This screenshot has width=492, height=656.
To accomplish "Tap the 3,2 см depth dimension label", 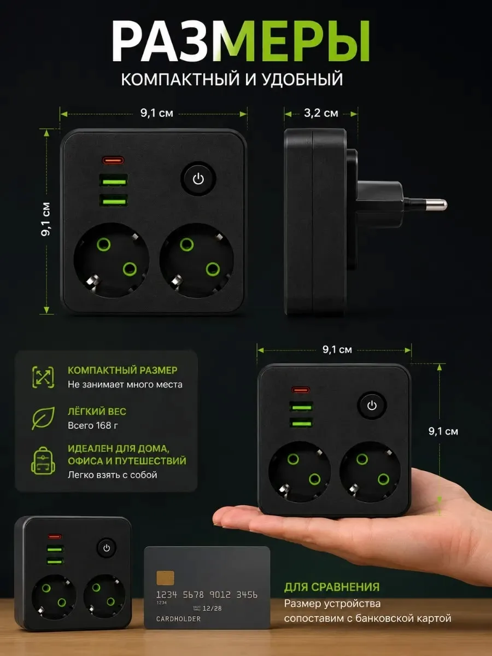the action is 321,113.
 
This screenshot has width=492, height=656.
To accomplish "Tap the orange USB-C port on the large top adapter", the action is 113,160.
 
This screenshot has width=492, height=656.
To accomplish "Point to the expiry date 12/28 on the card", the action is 212,608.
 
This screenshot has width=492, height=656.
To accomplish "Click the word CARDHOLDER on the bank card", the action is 178,619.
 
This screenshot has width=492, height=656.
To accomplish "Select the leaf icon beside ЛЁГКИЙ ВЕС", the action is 43,418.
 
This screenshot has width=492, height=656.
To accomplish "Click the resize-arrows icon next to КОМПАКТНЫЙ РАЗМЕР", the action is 43,377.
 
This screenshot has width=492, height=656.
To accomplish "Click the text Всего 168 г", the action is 93,425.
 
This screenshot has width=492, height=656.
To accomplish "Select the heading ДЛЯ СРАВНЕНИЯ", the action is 332,587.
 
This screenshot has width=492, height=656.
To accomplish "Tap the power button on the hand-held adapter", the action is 372,405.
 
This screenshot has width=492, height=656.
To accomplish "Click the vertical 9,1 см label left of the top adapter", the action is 46,219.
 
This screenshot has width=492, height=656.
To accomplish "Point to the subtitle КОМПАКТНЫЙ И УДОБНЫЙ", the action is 232,79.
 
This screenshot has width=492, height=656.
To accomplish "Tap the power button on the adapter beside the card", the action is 107,548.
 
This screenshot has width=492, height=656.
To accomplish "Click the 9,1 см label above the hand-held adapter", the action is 337,350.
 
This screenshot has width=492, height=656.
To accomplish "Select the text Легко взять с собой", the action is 112,475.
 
